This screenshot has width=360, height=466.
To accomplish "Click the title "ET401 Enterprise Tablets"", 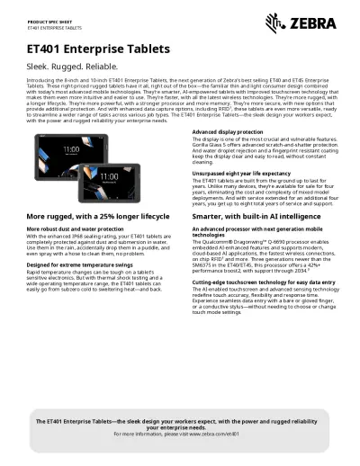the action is (x=99, y=50).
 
